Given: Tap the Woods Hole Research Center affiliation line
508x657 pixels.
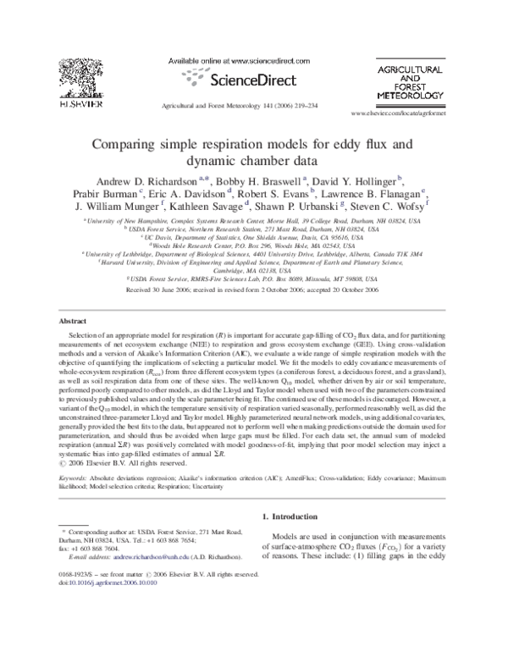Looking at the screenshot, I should point(254,246).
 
